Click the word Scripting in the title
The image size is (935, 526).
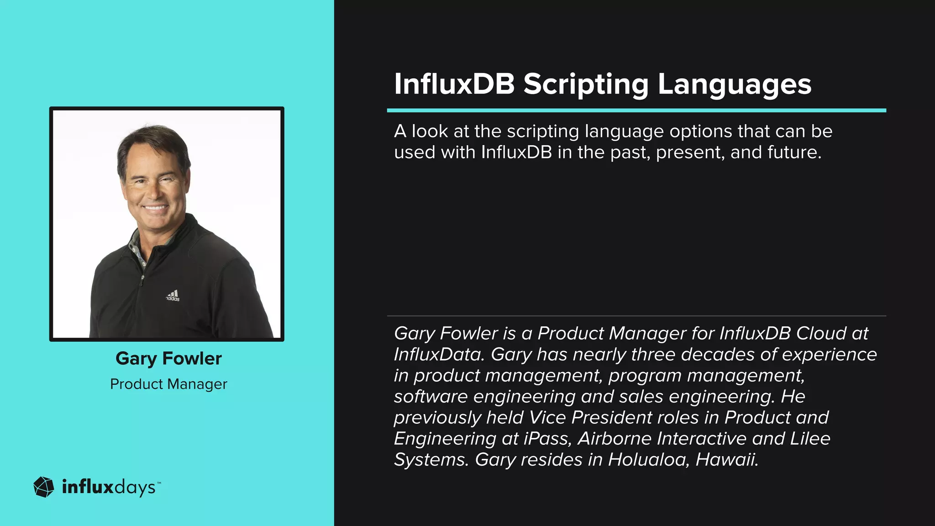point(586,84)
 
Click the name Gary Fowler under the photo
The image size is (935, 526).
point(168,358)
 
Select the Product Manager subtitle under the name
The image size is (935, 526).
point(168,384)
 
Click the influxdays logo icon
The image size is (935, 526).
point(44,487)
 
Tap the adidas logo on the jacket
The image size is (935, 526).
point(173,296)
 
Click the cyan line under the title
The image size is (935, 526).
point(636,110)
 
